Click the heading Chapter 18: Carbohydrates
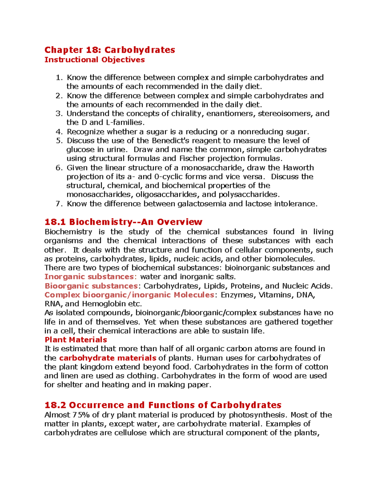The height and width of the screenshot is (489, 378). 110,50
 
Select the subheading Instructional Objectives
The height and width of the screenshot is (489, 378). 94,60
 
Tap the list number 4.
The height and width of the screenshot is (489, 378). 59,132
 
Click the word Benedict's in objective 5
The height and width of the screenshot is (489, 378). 170,141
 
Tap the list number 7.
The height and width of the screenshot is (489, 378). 59,204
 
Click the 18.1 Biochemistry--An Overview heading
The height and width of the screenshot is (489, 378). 123,222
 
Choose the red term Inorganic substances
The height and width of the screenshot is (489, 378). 89,277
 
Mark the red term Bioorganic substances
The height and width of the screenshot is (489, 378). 91,286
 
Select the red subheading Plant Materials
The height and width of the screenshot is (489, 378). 76,340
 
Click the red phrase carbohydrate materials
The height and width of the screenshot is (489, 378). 108,358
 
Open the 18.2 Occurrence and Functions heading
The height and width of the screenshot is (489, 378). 163,405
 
